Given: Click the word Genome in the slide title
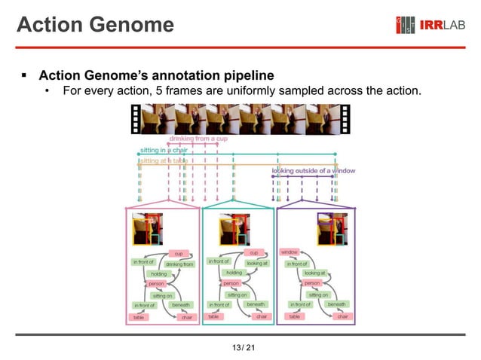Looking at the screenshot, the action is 135,25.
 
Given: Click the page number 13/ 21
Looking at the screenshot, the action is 240,346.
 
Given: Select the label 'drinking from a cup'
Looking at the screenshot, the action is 198,139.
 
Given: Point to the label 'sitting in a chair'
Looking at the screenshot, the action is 163,150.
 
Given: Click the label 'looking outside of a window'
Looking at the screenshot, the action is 314,171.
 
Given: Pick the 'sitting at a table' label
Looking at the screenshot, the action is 164,160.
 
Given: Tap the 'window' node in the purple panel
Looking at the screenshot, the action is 290,252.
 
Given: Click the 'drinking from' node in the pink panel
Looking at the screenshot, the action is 179,264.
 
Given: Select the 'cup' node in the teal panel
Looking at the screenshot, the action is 254,252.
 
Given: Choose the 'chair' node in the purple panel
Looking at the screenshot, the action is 342,317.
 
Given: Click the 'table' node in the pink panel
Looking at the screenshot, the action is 139,317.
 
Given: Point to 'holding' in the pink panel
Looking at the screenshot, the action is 158,273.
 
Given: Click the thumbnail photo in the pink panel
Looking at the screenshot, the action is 146,228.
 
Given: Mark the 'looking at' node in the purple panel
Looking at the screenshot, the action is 314,273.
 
